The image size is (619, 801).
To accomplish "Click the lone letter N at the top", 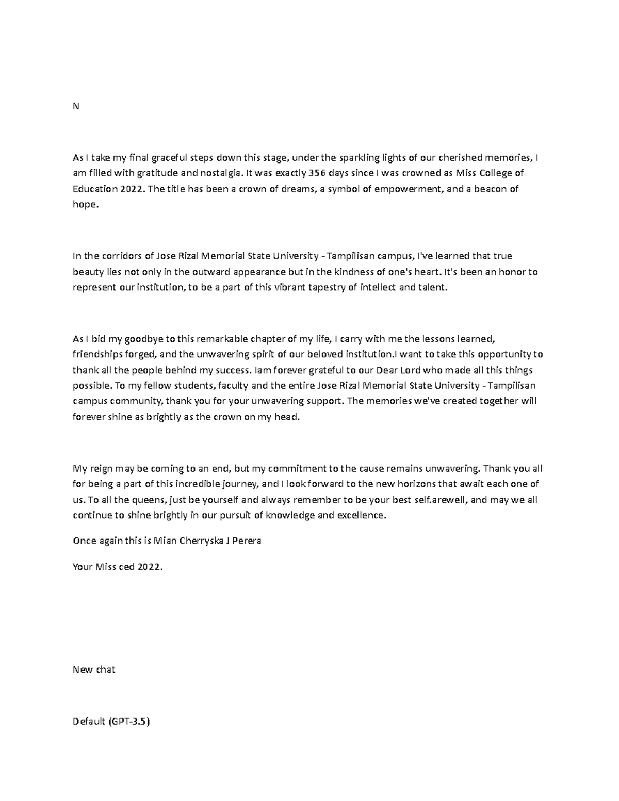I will [x=76, y=106].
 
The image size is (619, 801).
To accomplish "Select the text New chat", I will [x=94, y=670].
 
